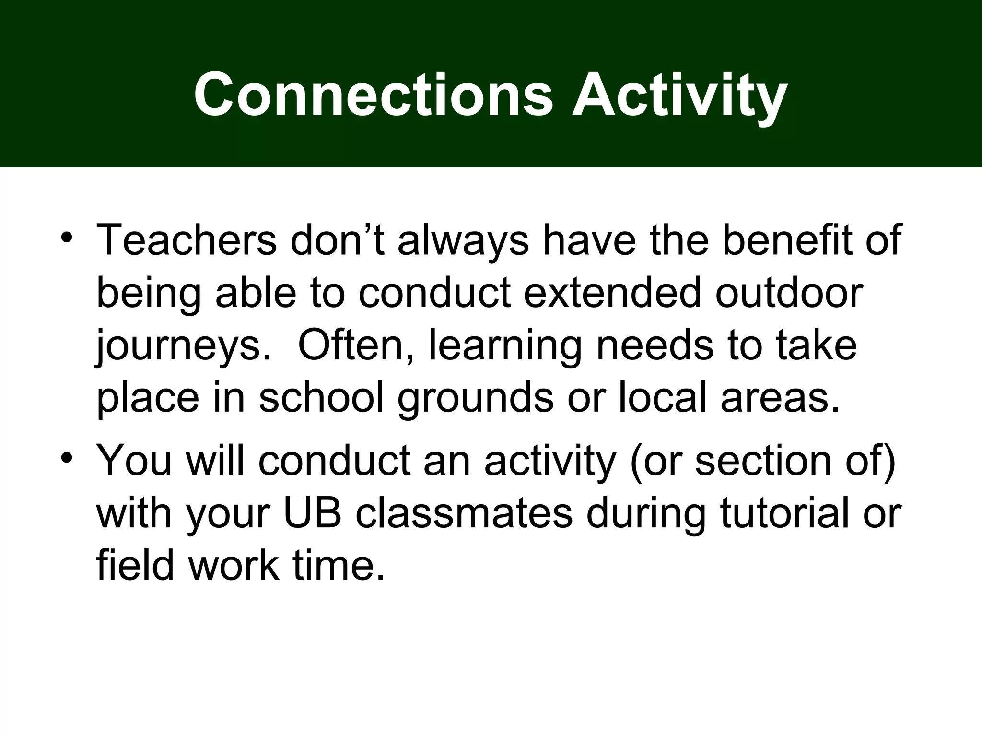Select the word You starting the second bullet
[134, 460]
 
